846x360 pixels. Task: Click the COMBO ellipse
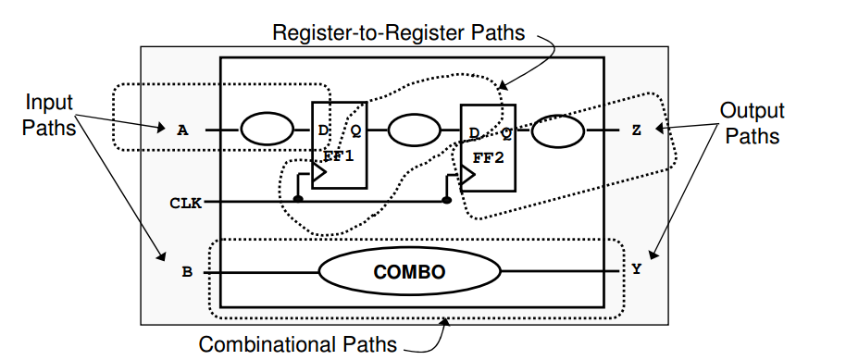point(409,272)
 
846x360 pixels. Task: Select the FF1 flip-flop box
point(334,144)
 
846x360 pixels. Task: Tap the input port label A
point(182,130)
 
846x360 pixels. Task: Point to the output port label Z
point(636,130)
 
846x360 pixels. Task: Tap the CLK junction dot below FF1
point(297,199)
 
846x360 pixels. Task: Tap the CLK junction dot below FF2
point(447,199)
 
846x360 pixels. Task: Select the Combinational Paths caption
point(298,344)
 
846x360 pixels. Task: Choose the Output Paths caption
point(753,123)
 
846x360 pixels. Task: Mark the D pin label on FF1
point(323,130)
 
